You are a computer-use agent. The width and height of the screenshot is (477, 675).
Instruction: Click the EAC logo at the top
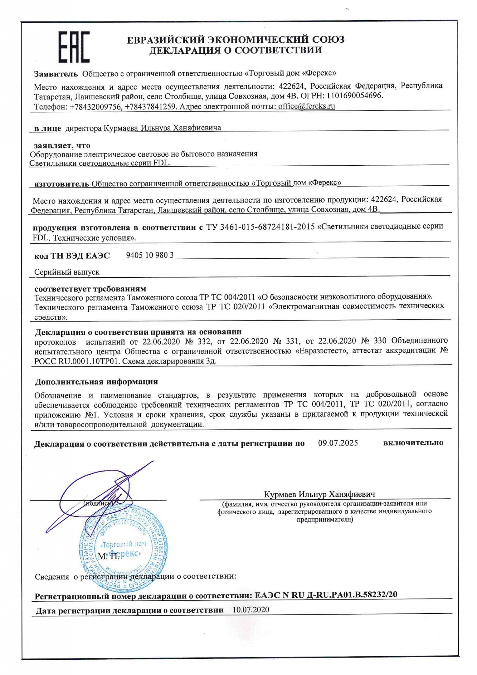(x=74, y=47)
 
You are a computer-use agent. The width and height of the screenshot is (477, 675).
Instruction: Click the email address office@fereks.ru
(x=306, y=106)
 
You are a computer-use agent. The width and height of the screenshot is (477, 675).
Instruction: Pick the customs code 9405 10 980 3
(x=150, y=255)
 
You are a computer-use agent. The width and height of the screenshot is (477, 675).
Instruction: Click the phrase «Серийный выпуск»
(x=67, y=272)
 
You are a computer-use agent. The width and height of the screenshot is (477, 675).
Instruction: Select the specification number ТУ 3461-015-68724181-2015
(x=260, y=227)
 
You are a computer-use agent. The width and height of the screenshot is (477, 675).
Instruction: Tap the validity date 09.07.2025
(x=338, y=443)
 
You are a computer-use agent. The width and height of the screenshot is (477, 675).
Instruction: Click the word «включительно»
(x=413, y=443)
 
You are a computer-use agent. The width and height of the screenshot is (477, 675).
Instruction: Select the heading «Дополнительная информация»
(x=96, y=382)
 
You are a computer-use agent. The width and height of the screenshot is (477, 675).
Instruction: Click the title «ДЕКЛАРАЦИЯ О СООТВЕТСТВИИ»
(x=236, y=50)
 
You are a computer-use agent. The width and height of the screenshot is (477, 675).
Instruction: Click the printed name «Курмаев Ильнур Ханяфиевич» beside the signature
(x=319, y=494)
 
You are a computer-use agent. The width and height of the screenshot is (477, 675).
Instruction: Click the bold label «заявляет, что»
(x=62, y=145)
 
